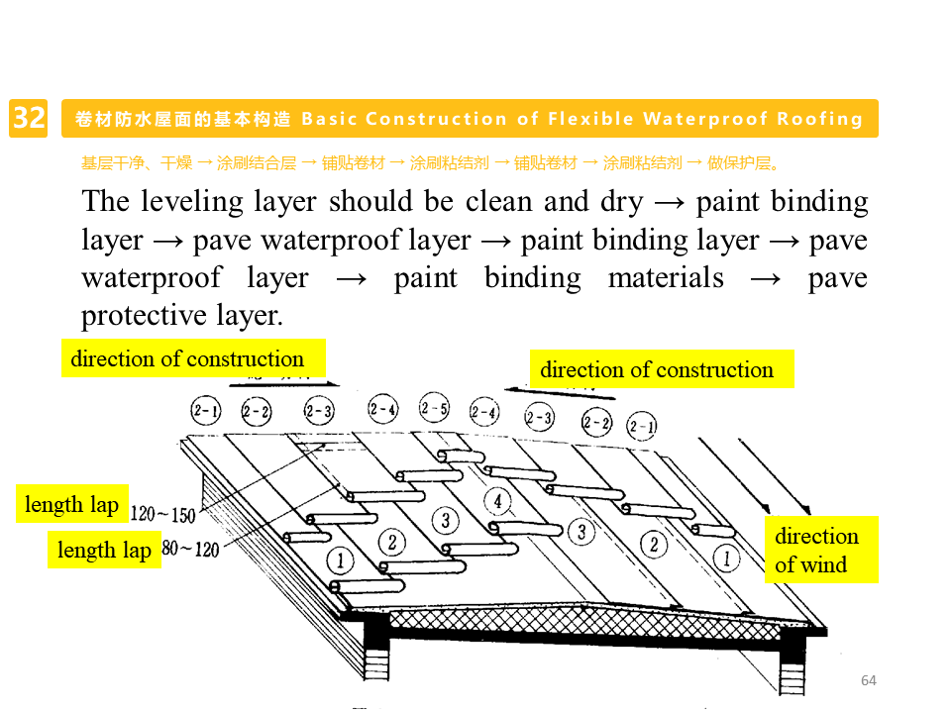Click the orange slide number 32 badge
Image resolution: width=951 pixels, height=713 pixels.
click(29, 119)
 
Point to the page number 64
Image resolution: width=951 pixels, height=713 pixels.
click(869, 680)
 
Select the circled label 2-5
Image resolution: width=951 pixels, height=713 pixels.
click(434, 408)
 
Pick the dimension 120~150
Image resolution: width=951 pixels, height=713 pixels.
click(162, 514)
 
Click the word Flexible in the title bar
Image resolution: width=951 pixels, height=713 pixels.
click(589, 119)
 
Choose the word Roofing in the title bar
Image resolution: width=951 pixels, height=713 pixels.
click(820, 119)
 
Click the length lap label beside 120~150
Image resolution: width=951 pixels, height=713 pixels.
click(71, 504)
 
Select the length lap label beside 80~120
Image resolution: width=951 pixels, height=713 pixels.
click(104, 550)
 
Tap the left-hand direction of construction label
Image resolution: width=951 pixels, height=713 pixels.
click(188, 358)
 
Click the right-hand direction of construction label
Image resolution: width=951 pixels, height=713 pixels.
click(657, 369)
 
